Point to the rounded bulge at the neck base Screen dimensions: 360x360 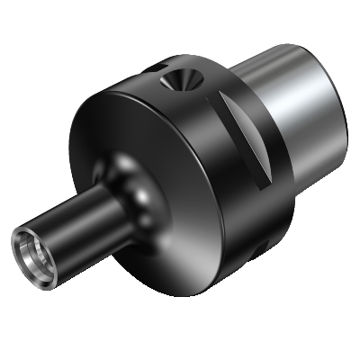(x=135, y=189)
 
